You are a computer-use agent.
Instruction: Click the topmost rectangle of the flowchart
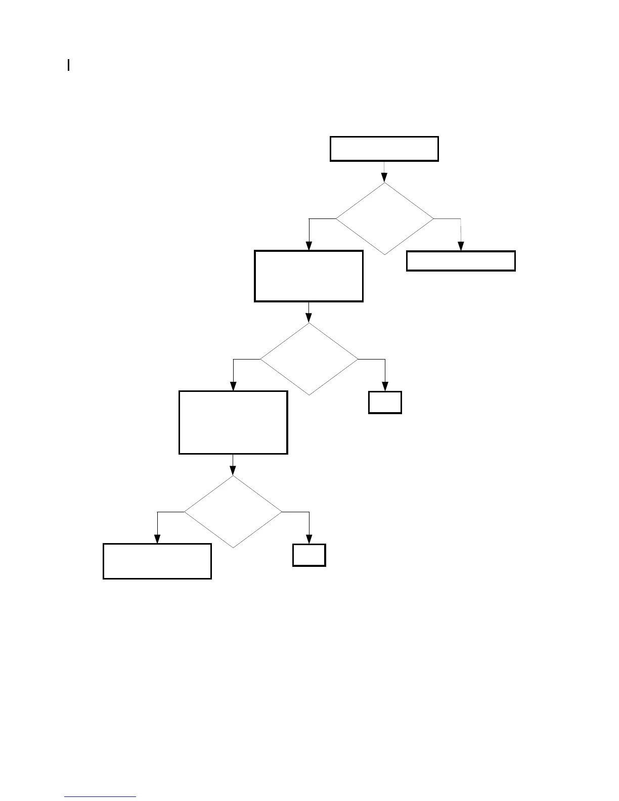384,149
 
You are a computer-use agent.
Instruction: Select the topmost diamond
384,218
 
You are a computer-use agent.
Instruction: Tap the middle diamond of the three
308,359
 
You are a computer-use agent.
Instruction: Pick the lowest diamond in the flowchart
233,512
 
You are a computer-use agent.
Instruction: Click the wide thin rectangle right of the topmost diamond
461,261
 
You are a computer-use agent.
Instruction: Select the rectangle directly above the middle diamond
308,276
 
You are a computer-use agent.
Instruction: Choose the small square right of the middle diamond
385,403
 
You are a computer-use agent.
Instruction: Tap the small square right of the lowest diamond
309,555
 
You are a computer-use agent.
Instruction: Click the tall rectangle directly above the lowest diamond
233,422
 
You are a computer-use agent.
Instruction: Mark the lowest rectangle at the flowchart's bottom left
157,561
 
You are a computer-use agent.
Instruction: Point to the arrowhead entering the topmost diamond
384,177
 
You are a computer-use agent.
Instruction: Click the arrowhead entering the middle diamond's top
308,318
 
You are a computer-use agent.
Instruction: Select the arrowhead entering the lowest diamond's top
233,471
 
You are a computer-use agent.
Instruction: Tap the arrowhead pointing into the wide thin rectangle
461,246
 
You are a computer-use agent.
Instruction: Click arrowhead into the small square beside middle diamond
385,386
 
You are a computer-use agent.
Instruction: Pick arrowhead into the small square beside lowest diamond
309,539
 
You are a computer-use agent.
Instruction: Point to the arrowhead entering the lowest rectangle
157,539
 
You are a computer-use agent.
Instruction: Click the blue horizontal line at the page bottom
100,796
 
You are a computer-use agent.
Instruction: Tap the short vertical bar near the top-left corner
68,65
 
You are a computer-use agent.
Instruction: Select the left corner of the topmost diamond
337,218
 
